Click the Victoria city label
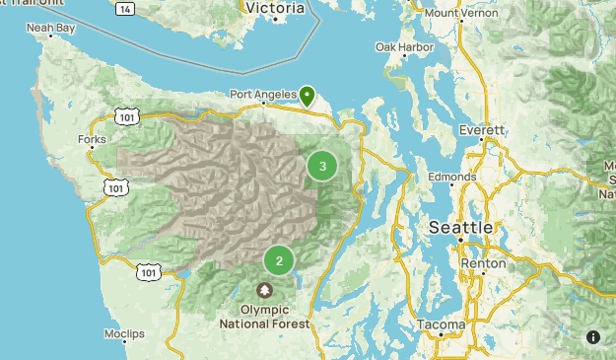pyautogui.click(x=274, y=9)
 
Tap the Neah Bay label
pyautogui.click(x=50, y=29)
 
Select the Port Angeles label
pyautogui.click(x=262, y=95)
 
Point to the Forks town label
pyautogui.click(x=92, y=140)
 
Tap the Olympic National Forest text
pyautogui.click(x=265, y=316)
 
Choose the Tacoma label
pyautogui.click(x=441, y=324)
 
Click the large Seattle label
pyautogui.click(x=461, y=228)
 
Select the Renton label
pyautogui.click(x=484, y=263)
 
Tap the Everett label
pyautogui.click(x=483, y=129)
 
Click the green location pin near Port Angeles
pyautogui.click(x=308, y=96)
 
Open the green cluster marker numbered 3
pyautogui.click(x=322, y=167)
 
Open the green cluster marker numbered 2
pyautogui.click(x=279, y=261)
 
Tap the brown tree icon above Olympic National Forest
pyautogui.click(x=265, y=291)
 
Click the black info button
pyautogui.click(x=593, y=337)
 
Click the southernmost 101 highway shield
pyautogui.click(x=148, y=270)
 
